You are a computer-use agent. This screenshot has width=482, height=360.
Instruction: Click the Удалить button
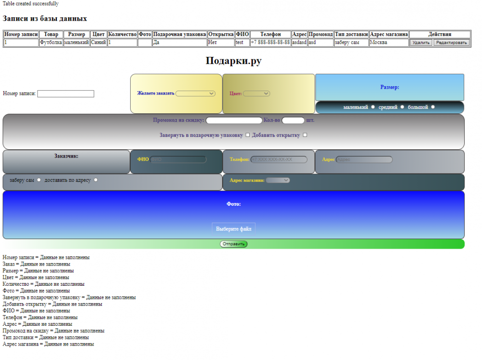pyautogui.click(x=421, y=42)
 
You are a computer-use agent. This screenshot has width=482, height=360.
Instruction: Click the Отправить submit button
pyautogui.click(x=234, y=244)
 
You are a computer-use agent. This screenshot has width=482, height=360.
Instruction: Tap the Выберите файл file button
pyautogui.click(x=234, y=229)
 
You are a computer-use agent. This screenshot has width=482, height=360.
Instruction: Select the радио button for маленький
pyautogui.click(x=373, y=107)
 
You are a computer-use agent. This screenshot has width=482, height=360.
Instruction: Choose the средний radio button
pyautogui.click(x=402, y=107)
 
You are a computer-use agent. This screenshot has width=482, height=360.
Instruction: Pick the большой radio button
pyautogui.click(x=433, y=107)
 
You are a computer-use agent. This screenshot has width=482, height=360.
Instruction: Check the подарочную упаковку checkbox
pyautogui.click(x=248, y=135)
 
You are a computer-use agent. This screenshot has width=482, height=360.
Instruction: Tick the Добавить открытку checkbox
pyautogui.click(x=305, y=135)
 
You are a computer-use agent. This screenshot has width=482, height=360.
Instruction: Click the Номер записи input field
pyautogui.click(x=66, y=93)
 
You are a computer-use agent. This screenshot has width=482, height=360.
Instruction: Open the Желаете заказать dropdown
pyautogui.click(x=196, y=93)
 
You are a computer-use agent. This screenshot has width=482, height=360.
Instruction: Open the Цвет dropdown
pyautogui.click(x=256, y=93)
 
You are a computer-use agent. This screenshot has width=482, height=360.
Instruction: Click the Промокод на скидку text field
pyautogui.click(x=234, y=120)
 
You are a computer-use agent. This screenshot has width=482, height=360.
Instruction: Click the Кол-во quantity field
pyautogui.click(x=293, y=120)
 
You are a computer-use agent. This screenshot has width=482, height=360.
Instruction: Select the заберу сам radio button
pyautogui.click(x=39, y=180)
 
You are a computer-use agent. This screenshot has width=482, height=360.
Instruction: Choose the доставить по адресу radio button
pyautogui.click(x=95, y=180)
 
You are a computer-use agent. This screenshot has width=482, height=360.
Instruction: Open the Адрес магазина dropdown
pyautogui.click(x=278, y=180)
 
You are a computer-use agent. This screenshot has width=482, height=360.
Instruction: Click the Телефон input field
pyautogui.click(x=279, y=160)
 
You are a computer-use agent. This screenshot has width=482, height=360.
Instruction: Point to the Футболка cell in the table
pyautogui.click(x=51, y=42)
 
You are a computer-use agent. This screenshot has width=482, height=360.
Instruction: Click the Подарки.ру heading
pyautogui.click(x=234, y=61)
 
